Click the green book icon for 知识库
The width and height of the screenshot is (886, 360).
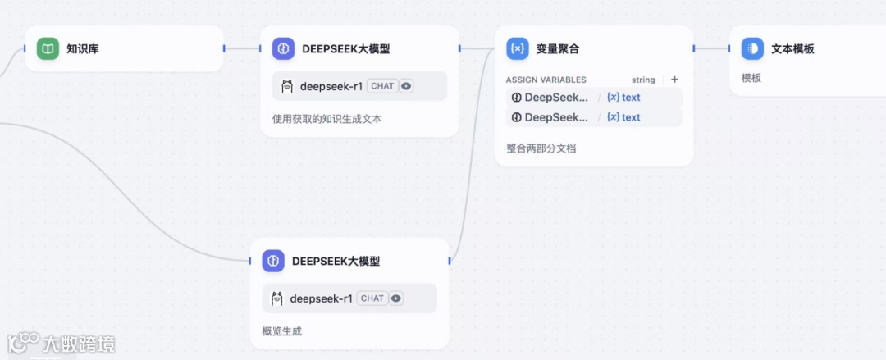[48, 49]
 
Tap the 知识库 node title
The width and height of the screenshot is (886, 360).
[83, 49]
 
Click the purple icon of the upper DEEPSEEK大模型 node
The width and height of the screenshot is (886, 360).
[283, 48]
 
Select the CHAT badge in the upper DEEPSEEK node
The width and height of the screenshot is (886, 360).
[381, 86]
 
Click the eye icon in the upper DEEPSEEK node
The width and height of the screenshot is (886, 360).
[406, 86]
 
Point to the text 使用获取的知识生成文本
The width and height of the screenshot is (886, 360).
[327, 119]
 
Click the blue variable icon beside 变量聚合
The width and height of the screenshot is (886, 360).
[518, 48]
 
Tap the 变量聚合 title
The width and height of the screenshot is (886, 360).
[558, 49]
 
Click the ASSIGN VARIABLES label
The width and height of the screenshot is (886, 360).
[546, 80]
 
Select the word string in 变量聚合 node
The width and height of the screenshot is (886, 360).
[643, 80]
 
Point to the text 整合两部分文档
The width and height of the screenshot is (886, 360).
[541, 148]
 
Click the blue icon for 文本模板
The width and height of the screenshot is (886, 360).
[752, 48]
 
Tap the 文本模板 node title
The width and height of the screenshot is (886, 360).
[793, 49]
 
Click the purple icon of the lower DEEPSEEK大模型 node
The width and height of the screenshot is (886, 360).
[273, 261]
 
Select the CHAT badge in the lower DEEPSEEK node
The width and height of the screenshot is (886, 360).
[372, 298]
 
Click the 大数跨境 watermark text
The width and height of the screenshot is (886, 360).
[80, 344]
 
